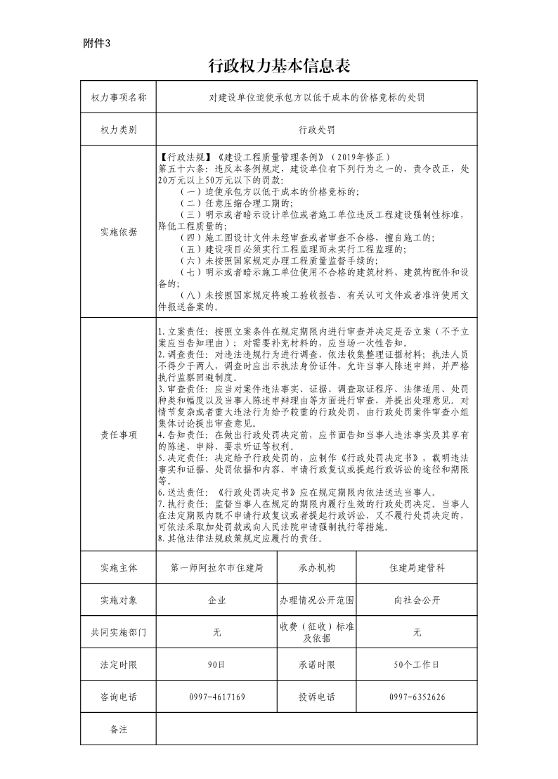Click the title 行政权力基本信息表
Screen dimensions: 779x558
[x=280, y=66]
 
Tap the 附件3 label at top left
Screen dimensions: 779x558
[x=97, y=44]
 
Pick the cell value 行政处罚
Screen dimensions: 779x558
[x=316, y=130]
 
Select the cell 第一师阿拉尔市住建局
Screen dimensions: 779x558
[x=217, y=567]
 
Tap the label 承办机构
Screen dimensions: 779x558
[x=317, y=567]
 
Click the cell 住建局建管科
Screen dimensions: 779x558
[x=417, y=567]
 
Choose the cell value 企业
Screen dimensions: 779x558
[x=217, y=600]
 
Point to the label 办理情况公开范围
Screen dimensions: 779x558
[x=317, y=600]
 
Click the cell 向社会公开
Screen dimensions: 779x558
[x=417, y=600]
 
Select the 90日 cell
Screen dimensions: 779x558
[x=217, y=664]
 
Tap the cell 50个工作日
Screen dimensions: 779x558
[x=417, y=664]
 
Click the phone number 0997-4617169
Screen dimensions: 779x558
[x=217, y=697]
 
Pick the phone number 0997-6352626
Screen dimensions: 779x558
[x=417, y=697]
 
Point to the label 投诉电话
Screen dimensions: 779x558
[x=317, y=697]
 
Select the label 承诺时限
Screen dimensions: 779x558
[x=317, y=664]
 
